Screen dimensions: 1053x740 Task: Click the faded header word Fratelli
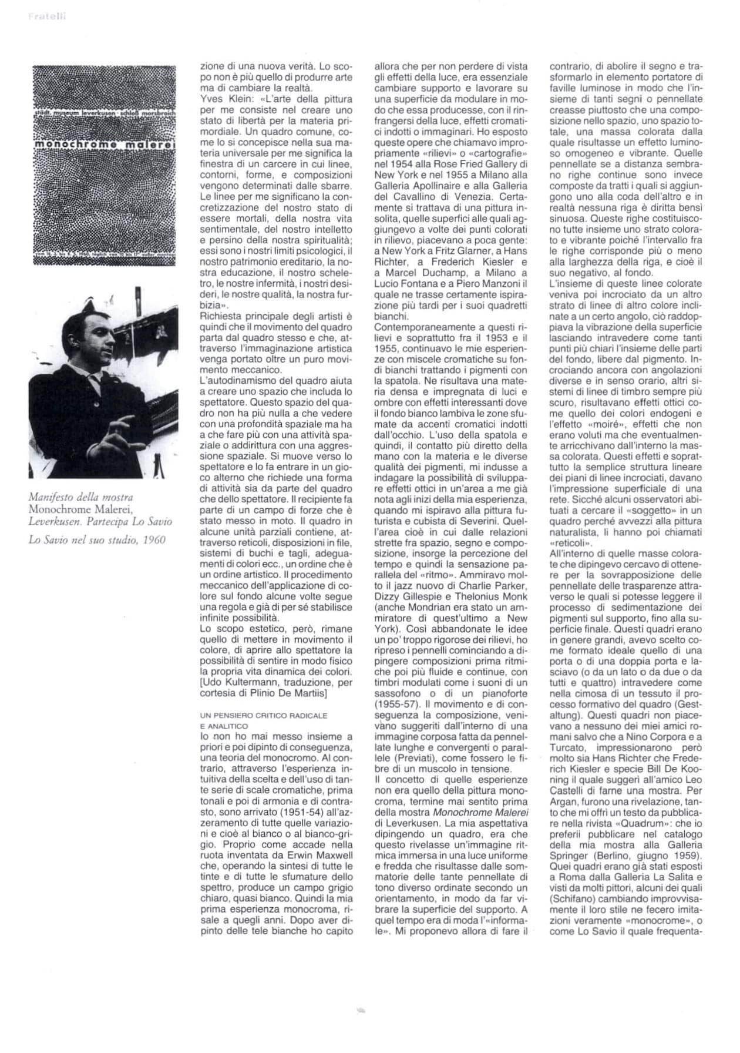tap(47, 16)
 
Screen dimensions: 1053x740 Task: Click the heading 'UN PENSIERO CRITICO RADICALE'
tap(263, 716)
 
